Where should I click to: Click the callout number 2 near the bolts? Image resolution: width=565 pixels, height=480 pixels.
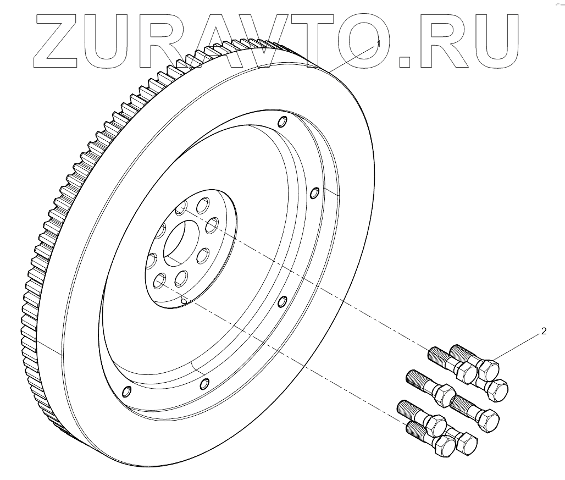(x=544, y=331)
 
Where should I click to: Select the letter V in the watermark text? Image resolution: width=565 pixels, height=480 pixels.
(x=260, y=39)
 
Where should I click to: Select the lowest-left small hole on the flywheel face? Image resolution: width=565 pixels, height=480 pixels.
(x=126, y=390)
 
